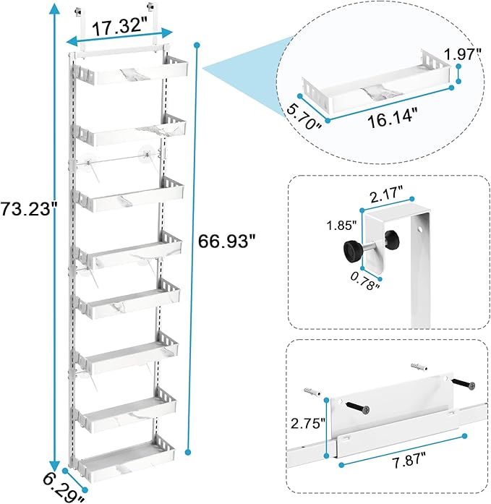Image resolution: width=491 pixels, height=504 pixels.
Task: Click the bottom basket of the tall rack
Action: pos(121,463)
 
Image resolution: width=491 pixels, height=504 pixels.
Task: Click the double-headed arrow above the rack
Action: pos(119,36)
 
